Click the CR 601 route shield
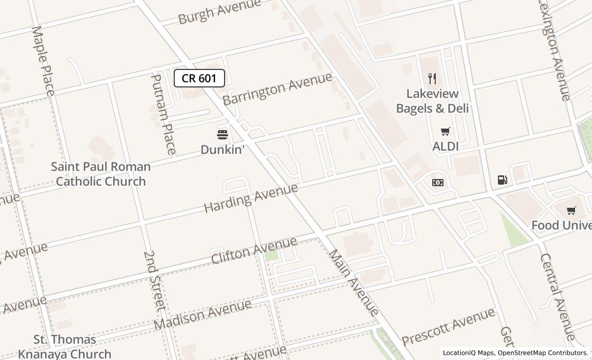tap(199, 78)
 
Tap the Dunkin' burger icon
tap(223, 135)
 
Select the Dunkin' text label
tap(222, 150)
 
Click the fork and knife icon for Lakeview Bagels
tap(432, 79)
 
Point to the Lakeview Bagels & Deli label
tap(432, 101)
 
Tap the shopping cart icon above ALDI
tap(445, 132)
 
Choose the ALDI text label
tap(446, 147)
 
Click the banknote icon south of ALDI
tap(438, 183)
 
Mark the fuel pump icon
tap(503, 179)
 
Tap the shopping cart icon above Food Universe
tap(571, 211)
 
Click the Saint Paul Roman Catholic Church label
tap(101, 174)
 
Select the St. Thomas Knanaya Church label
tap(65, 347)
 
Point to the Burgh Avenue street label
tap(219, 12)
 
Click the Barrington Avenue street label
tap(277, 89)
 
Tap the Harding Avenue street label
tap(251, 197)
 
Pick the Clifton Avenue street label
tap(254, 250)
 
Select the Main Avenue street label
tap(354, 282)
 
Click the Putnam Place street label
tap(163, 114)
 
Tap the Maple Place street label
tap(43, 61)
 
